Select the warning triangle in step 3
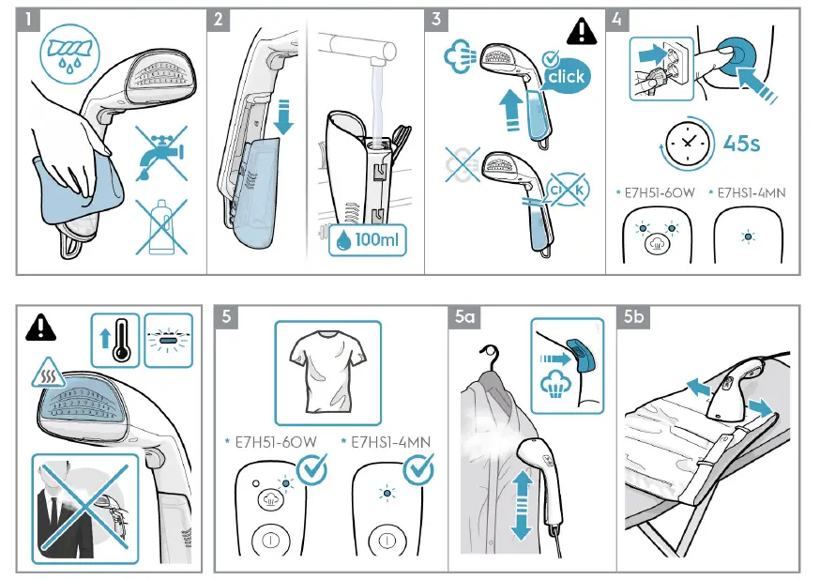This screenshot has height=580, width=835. point(582,31)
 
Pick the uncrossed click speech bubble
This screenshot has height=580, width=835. point(565,77)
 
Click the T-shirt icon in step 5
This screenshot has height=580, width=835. point(327,372)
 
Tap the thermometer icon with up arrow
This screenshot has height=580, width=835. point(116,340)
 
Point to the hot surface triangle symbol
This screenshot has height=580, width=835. point(48,375)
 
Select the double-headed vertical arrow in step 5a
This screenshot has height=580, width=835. point(522,504)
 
